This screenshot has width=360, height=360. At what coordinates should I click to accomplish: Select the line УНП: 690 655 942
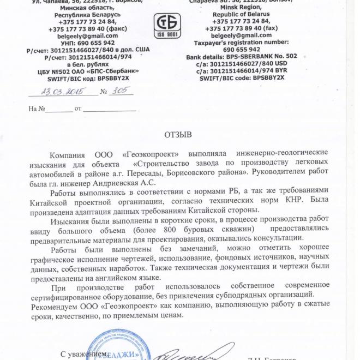pyautogui.click(x=88, y=43)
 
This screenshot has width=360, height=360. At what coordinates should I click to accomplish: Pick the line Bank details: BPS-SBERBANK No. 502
pyautogui.click(x=242, y=56)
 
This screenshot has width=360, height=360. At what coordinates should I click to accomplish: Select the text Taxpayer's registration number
pyautogui.click(x=241, y=42)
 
